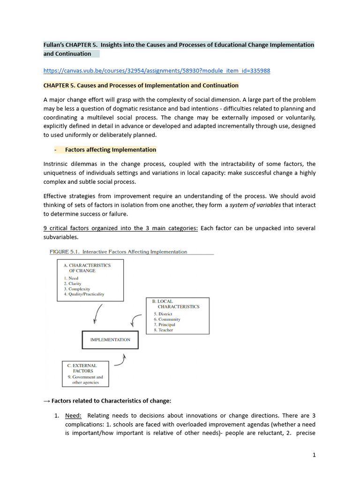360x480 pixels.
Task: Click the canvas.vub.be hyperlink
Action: (157, 71)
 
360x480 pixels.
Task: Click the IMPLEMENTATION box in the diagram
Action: (110, 340)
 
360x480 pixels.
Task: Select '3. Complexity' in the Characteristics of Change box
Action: (77, 289)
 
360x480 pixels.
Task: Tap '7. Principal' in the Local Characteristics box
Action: (164, 324)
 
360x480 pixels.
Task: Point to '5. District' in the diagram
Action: (163, 314)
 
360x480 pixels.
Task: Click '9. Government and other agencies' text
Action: (85, 379)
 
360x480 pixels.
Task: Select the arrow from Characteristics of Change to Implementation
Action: (97, 314)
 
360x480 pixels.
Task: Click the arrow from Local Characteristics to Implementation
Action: (135, 321)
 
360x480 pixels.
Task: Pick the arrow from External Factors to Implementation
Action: (121, 361)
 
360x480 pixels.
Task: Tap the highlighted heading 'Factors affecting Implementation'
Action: (110, 150)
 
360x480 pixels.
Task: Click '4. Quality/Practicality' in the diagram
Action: (84, 294)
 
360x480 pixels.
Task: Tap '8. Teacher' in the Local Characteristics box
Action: (163, 330)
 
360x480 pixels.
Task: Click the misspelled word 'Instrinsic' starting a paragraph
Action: (56, 164)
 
